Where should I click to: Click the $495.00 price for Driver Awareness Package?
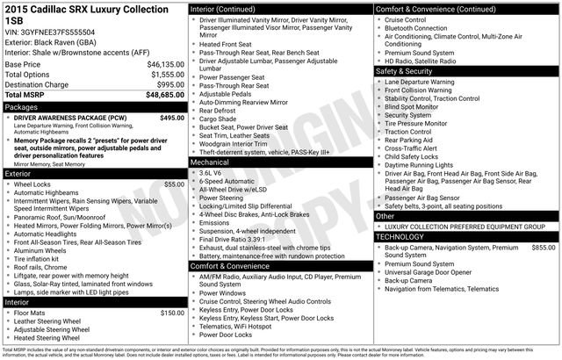[x=172, y=117]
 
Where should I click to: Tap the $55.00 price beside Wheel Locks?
[x=175, y=184]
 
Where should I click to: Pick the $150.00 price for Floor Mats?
[x=172, y=313]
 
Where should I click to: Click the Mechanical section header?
[x=211, y=162]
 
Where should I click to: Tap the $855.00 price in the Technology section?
[x=544, y=248]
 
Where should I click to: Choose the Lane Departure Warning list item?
[x=431, y=81]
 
